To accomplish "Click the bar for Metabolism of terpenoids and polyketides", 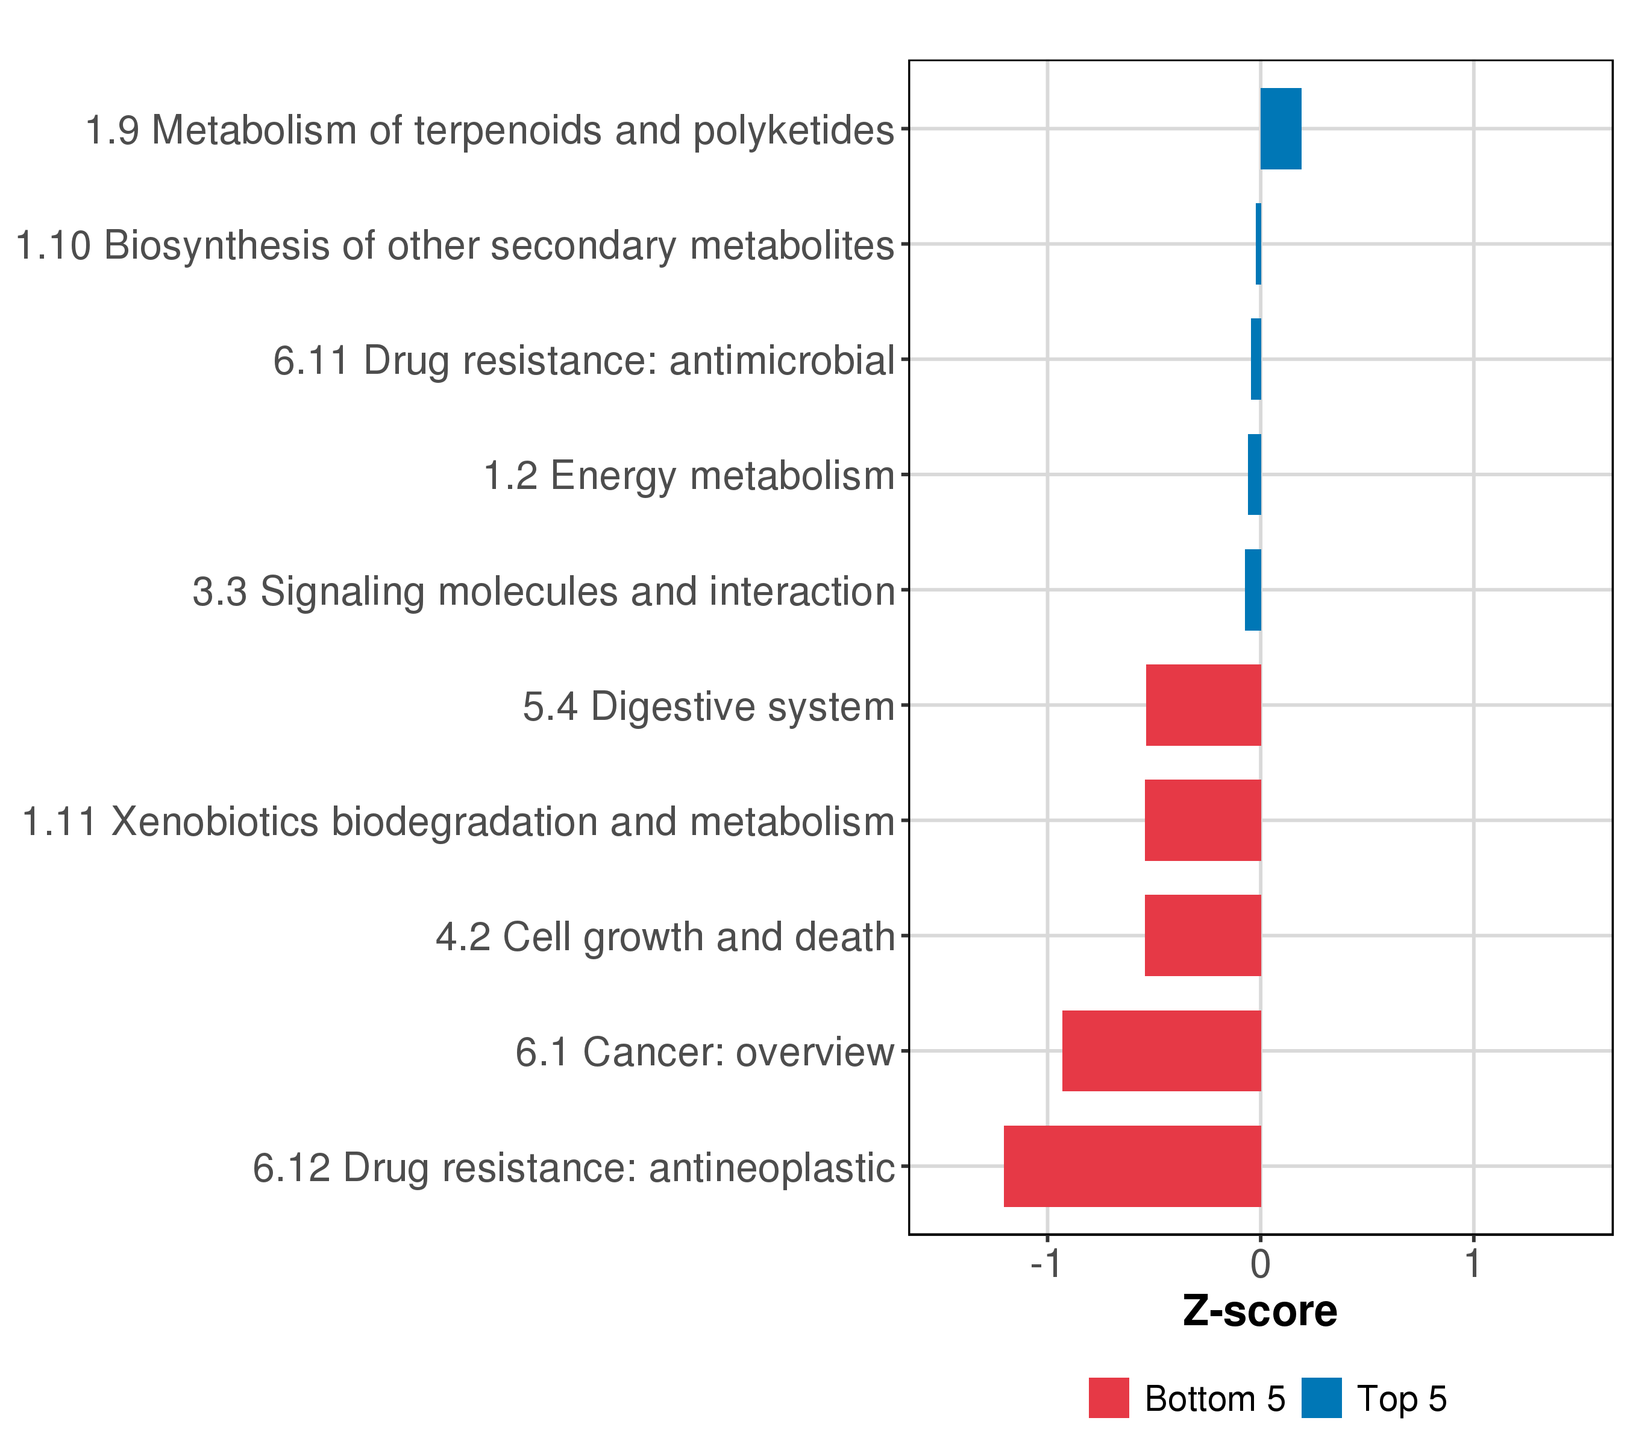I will (x=1280, y=129).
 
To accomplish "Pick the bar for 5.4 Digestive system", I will (x=1203, y=705).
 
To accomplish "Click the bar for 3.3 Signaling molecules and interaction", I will (x=1253, y=590).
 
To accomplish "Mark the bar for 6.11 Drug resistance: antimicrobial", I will (x=1255, y=359).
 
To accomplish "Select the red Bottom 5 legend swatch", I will (x=1109, y=1398).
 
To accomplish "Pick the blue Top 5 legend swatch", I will (x=1321, y=1398).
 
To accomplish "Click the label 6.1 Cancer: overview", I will (x=704, y=1052).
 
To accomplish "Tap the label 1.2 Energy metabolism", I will (x=689, y=476).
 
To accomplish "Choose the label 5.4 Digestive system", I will (x=709, y=707).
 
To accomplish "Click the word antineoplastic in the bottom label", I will (x=772, y=1168).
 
